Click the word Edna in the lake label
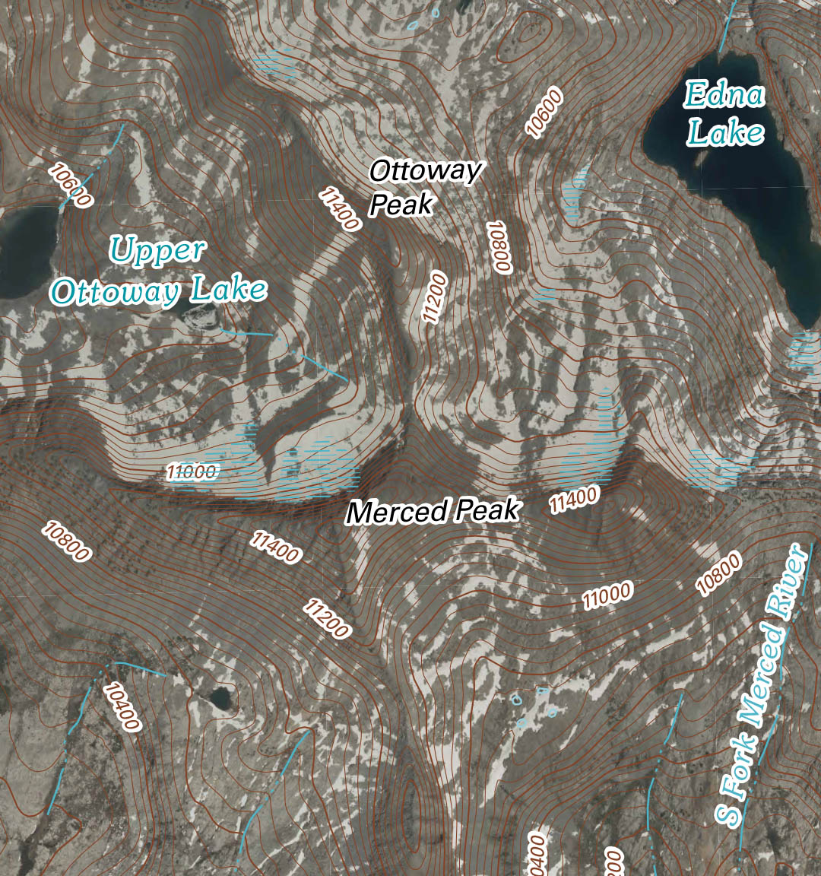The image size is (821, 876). tap(724, 94)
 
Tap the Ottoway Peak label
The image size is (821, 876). tap(423, 187)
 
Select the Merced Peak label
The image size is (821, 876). tap(433, 511)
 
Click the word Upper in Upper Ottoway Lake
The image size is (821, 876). tap(157, 250)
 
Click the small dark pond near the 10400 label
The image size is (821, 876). tap(221, 696)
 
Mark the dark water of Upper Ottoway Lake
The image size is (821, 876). tap(27, 251)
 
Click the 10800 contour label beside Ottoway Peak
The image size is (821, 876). tap(501, 247)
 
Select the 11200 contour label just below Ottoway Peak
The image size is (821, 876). tap(435, 297)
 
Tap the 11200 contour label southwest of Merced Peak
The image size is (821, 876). tap(327, 617)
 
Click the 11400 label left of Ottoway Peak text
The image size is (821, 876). tap(339, 208)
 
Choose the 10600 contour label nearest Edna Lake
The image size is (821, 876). tap(545, 113)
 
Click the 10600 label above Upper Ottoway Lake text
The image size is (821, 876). tap(70, 184)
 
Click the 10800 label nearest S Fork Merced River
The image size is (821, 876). tap(718, 575)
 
